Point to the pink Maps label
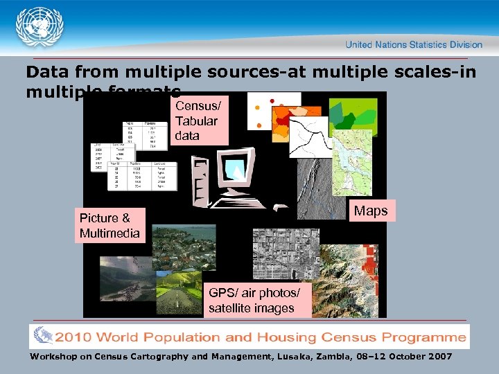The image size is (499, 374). point(371,211)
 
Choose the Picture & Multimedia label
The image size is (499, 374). point(110,225)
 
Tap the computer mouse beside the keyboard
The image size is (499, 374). point(280,206)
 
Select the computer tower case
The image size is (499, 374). point(201,181)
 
